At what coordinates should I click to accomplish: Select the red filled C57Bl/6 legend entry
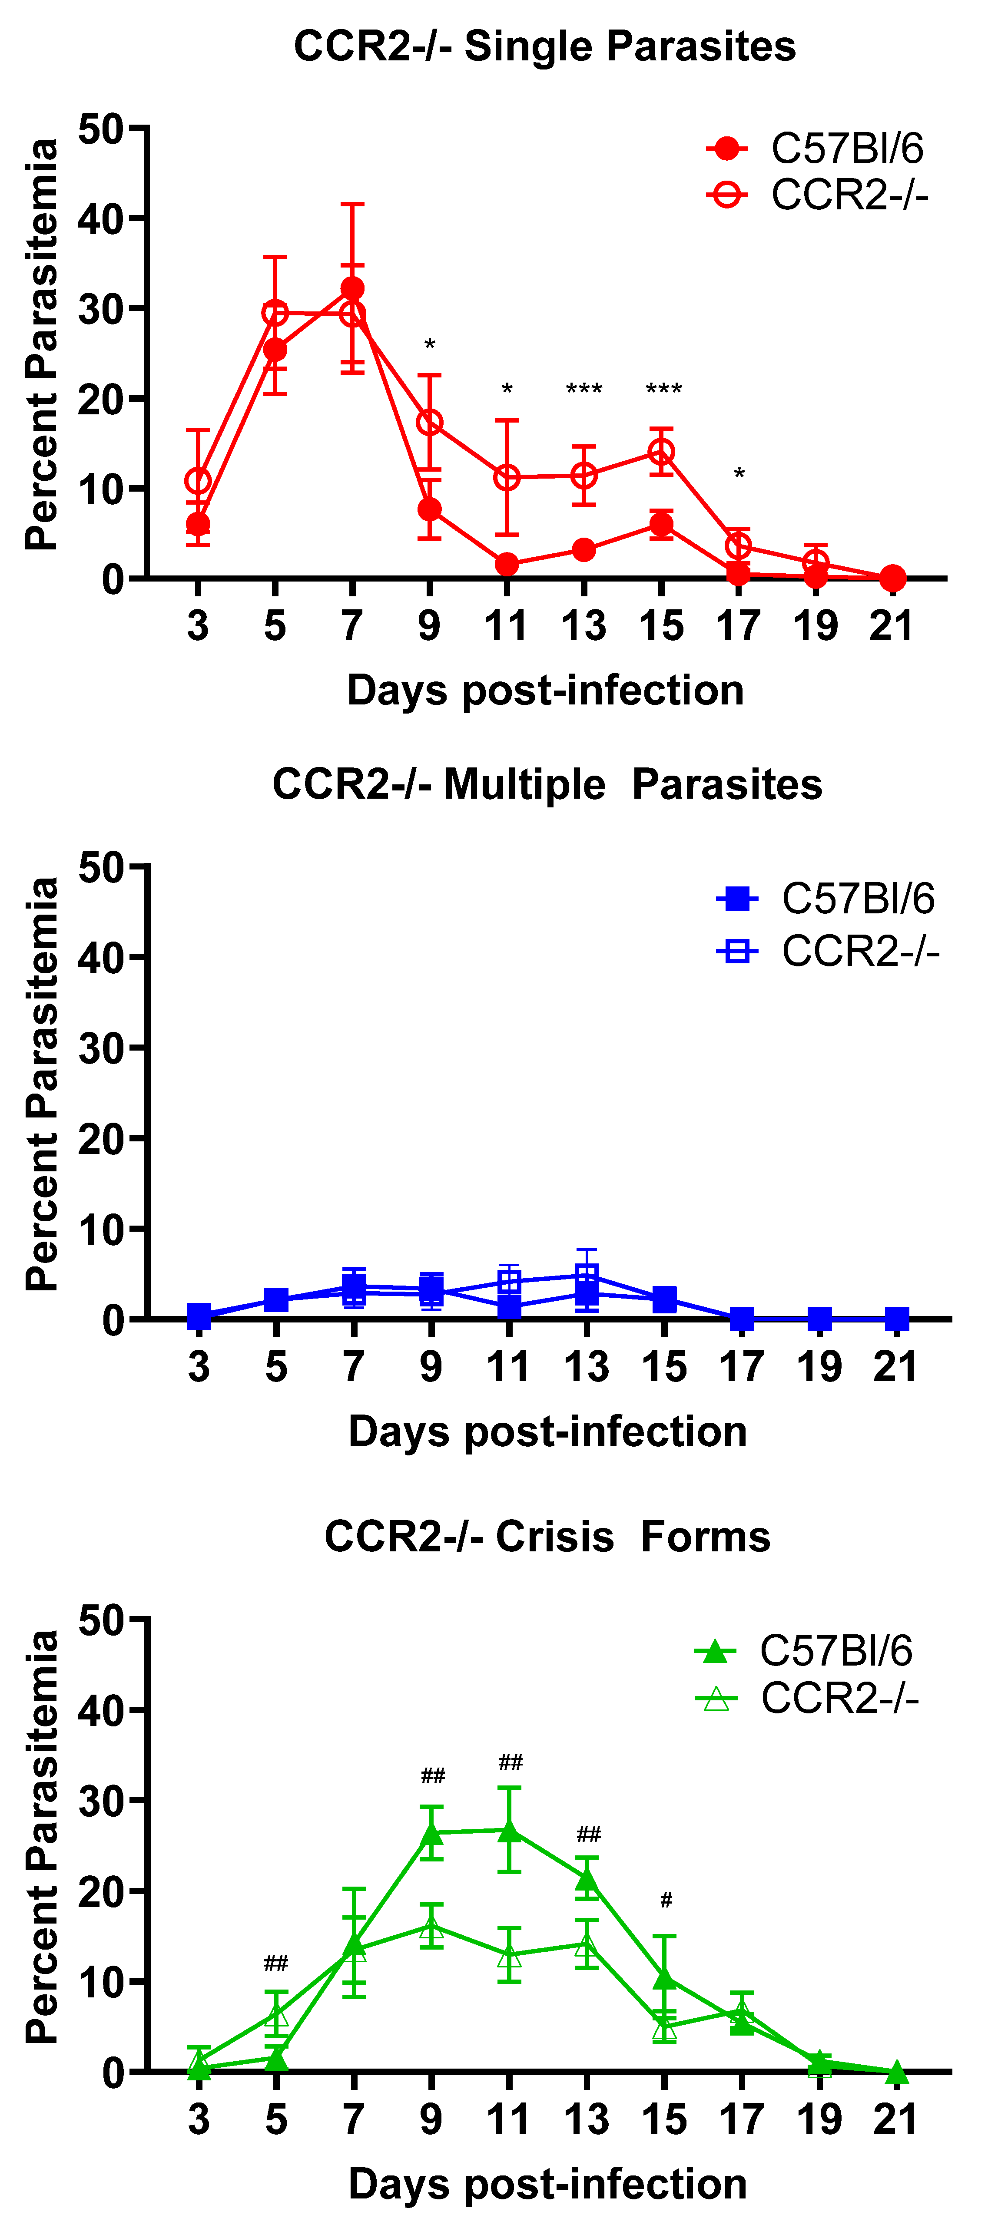(816, 149)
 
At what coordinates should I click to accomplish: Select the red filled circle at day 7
(352, 288)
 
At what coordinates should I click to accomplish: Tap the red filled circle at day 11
(507, 564)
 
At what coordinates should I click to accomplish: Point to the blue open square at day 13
(587, 1275)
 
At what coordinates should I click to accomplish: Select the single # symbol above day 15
(665, 1900)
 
